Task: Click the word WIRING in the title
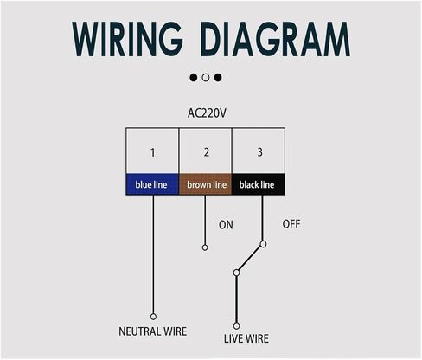pos(127,39)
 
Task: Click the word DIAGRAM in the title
pos(275,39)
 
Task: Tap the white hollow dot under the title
pos(206,77)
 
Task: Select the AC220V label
pos(207,113)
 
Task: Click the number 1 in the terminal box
pos(152,152)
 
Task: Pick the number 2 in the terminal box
pos(207,152)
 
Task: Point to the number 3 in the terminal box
pos(259,152)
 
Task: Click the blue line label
pos(151,184)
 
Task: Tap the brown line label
pos(207,184)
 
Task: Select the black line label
pos(257,184)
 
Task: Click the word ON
pos(226,225)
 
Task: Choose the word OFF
pos(291,224)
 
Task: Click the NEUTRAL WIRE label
pos(153,331)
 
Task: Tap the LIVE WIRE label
pos(246,338)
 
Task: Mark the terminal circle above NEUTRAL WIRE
pos(153,317)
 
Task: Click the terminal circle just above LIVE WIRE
pos(236,326)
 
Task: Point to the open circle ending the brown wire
pos(205,247)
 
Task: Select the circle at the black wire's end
pos(263,244)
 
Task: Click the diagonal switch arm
pos(250,259)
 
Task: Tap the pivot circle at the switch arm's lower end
pos(236,273)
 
